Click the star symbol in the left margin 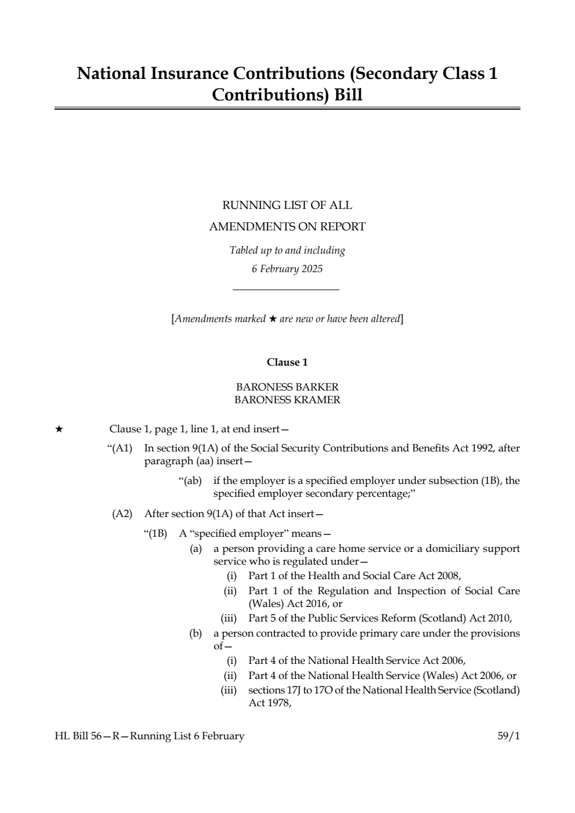59,429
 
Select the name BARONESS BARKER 287,387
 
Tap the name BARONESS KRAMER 287,400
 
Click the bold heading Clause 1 287,362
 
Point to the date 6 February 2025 287,269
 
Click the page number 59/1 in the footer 509,736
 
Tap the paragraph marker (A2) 122,514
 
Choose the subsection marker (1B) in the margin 156,533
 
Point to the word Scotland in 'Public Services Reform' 443,618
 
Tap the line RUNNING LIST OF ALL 287,205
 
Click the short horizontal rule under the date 285,290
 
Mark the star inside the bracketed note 273,319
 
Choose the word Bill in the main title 348,95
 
